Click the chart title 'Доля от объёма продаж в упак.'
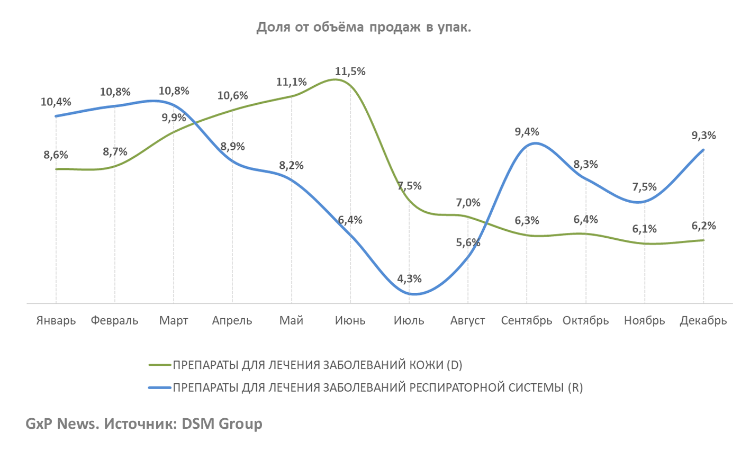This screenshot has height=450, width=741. tap(364, 28)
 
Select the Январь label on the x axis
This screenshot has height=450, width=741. tap(56, 321)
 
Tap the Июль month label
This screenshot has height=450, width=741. tap(409, 321)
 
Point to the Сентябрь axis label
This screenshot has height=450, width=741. tap(527, 321)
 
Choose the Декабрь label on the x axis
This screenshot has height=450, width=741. tap(703, 321)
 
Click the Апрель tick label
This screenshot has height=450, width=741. tap(232, 321)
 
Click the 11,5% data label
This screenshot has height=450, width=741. tap(350, 71)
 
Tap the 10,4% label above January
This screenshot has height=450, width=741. tap(56, 102)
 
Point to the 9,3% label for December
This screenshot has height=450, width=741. tap(703, 136)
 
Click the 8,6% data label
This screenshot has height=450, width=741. tap(56, 155)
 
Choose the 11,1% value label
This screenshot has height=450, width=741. tap(291, 82)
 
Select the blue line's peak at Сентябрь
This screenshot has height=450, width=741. tap(535, 143)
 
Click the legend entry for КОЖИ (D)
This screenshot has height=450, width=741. tap(318, 365)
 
